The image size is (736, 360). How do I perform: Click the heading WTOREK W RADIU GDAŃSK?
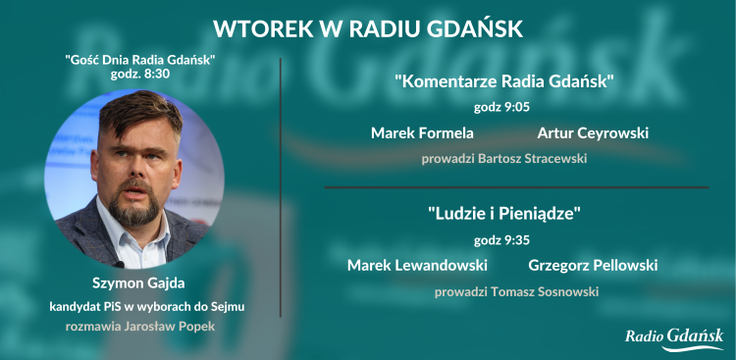[x=368, y=26]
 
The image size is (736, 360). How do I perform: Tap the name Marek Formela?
[x=422, y=132]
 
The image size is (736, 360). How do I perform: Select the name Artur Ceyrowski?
[x=593, y=132]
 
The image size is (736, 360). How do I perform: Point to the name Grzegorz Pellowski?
[x=593, y=265]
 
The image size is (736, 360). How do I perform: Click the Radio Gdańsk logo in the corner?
[x=674, y=337]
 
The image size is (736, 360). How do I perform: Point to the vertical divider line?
[x=282, y=186]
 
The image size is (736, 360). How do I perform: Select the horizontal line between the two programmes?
[x=515, y=186]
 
